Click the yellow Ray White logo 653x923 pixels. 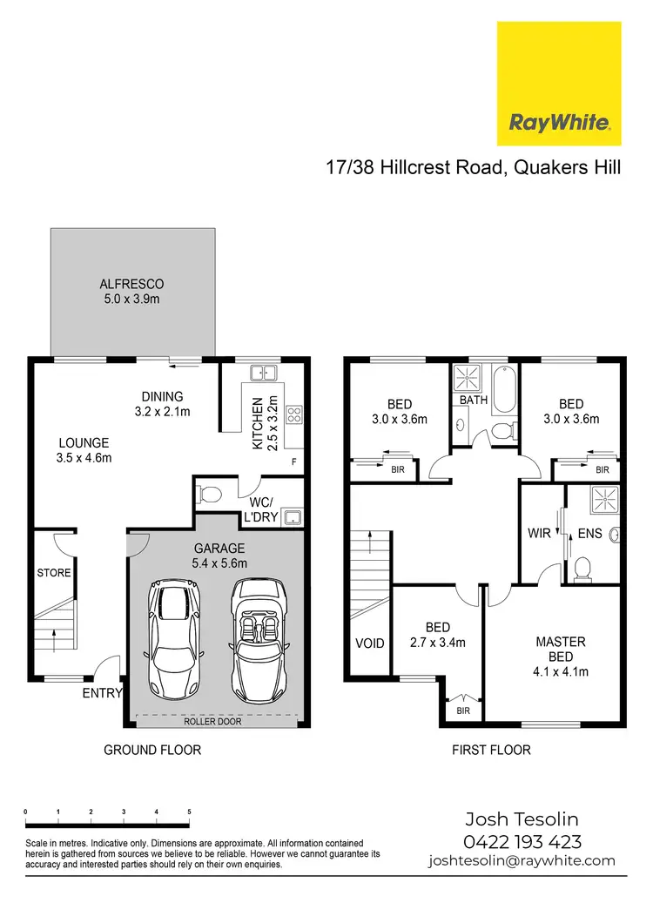(x=559, y=84)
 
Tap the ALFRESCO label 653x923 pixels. (x=131, y=285)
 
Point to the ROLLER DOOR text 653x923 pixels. (x=213, y=722)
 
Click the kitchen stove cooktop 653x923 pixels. (x=293, y=414)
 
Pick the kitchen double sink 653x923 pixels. (x=263, y=374)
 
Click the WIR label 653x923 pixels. (x=540, y=533)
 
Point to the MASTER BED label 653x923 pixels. (x=561, y=649)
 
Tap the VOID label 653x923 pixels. (x=370, y=644)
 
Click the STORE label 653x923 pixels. (x=53, y=573)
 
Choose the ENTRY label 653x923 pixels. (x=102, y=693)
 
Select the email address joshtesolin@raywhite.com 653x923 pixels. (x=522, y=860)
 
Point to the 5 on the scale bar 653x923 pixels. (x=189, y=812)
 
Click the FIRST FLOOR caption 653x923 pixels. (x=491, y=750)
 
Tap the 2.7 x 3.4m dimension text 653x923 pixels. (x=437, y=643)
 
